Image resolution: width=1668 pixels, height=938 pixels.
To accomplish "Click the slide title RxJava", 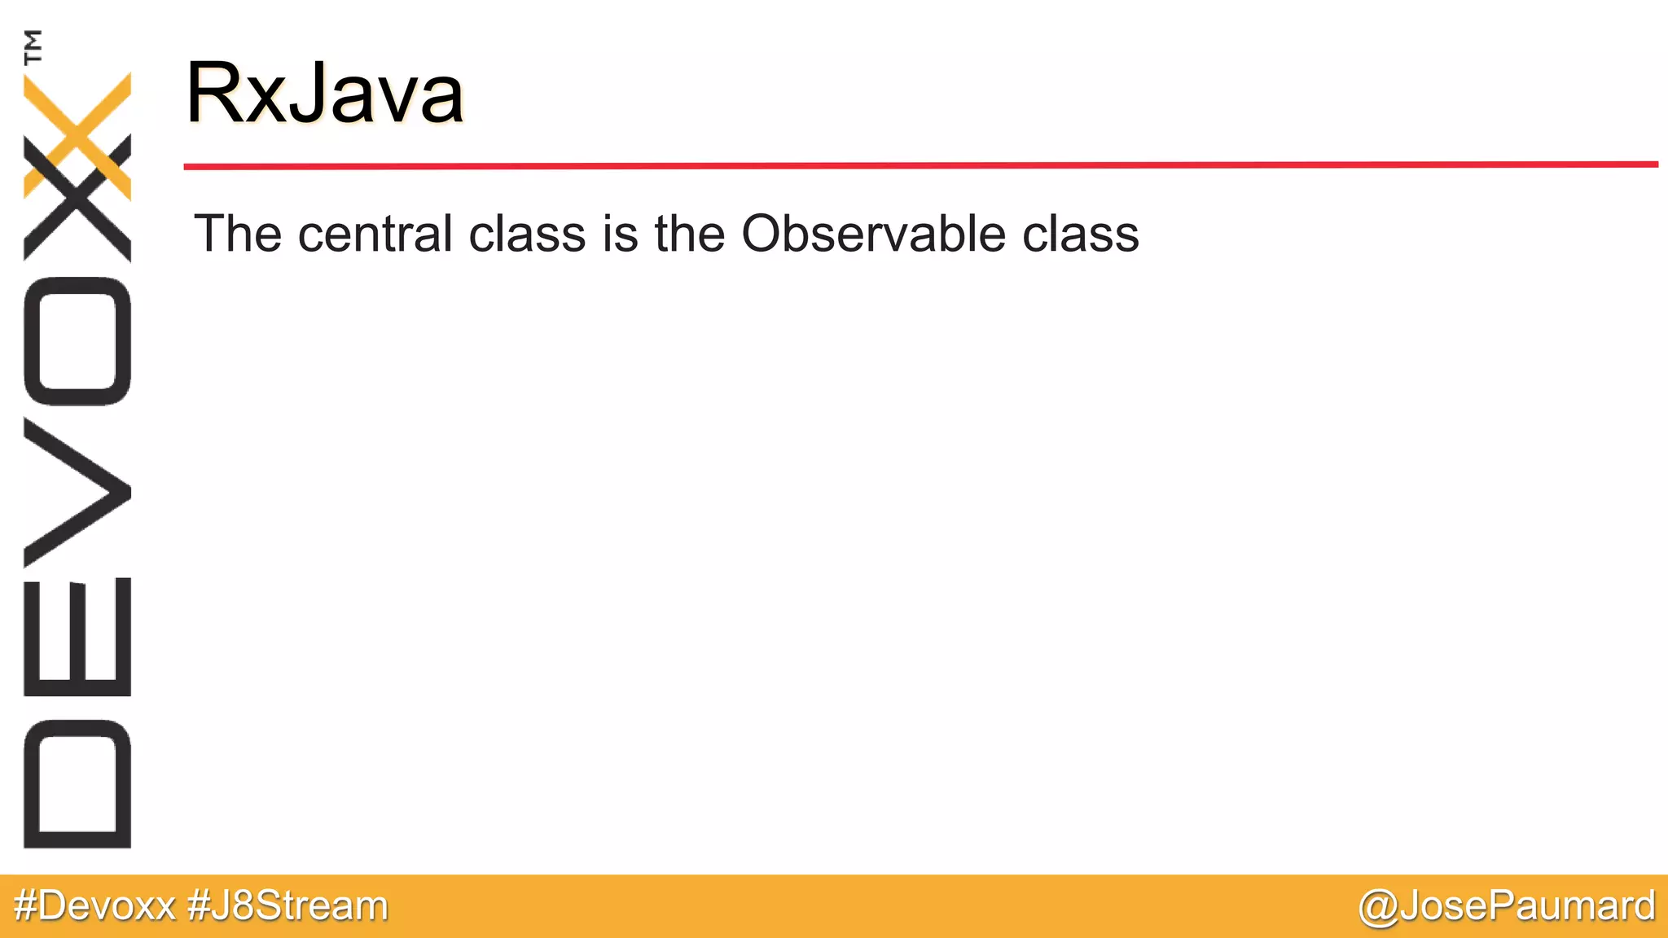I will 324,93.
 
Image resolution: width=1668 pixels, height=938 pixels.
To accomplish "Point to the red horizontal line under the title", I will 920,165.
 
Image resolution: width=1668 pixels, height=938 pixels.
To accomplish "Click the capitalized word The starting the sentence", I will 238,234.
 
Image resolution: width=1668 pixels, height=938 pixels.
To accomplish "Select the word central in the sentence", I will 375,234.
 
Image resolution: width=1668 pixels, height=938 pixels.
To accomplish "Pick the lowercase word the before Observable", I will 689,234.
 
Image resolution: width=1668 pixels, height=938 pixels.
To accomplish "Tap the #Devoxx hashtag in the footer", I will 94,905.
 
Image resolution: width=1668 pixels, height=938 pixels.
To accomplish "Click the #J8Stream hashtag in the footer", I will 288,905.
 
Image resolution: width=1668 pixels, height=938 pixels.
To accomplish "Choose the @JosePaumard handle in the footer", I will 1507,905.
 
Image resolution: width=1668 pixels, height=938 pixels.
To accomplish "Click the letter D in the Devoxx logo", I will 77,784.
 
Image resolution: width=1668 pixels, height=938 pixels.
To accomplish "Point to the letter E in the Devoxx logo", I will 77,637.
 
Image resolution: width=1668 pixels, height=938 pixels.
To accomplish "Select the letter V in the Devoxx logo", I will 77,493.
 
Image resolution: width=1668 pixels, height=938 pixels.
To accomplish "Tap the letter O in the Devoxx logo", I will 77,341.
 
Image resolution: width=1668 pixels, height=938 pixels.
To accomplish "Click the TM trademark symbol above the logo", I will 33,46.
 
